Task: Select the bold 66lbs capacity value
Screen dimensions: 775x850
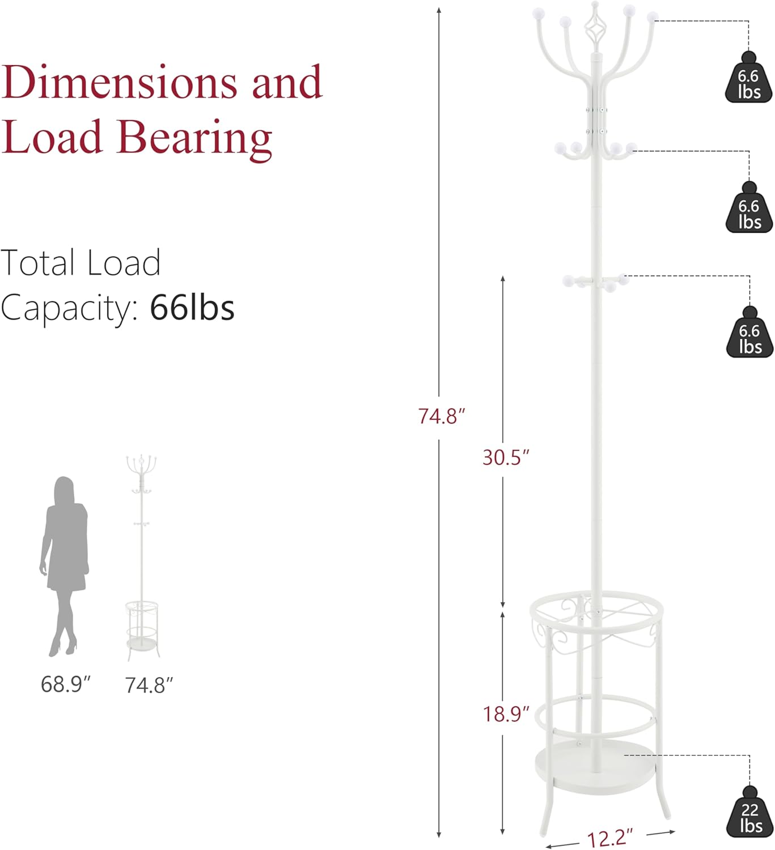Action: [x=192, y=308]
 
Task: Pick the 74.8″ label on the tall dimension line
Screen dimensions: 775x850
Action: [x=442, y=416]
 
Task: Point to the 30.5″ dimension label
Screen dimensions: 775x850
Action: [x=506, y=458]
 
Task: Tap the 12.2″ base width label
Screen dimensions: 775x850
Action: [x=609, y=836]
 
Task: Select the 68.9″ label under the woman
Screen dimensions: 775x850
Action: [x=66, y=684]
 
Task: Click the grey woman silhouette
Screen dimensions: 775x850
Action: [x=65, y=567]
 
